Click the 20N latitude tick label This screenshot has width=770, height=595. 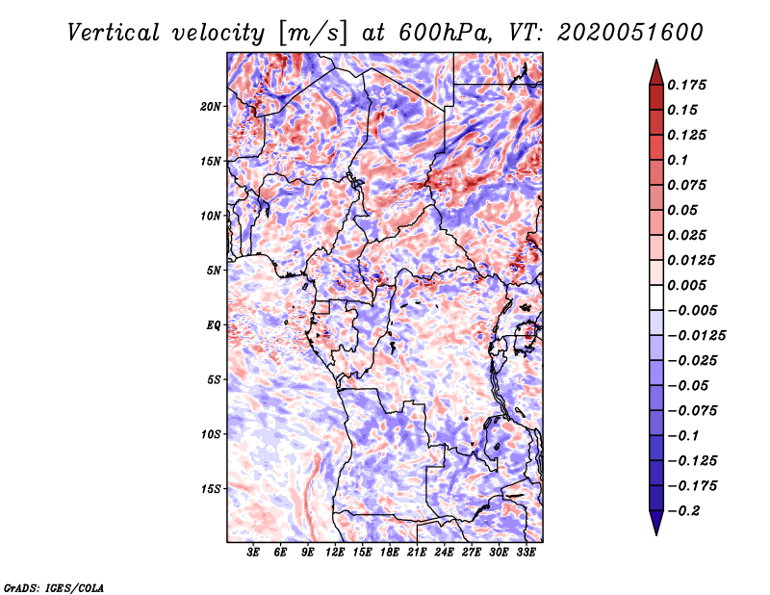pyautogui.click(x=211, y=106)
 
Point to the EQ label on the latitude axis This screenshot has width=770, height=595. pyautogui.click(x=214, y=325)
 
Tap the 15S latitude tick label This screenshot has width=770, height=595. pyautogui.click(x=211, y=489)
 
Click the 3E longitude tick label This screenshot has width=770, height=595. pyautogui.click(x=253, y=554)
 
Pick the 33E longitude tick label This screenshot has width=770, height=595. pyautogui.click(x=526, y=554)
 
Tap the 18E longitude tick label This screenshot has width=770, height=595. pyautogui.click(x=390, y=554)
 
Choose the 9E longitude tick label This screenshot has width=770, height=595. pyautogui.click(x=308, y=554)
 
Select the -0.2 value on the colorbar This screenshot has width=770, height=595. pyautogui.click(x=688, y=511)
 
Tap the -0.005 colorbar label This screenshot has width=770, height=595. pyautogui.click(x=693, y=310)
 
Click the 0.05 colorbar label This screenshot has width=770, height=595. pyautogui.click(x=685, y=210)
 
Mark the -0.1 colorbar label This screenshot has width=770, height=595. pyautogui.click(x=688, y=435)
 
